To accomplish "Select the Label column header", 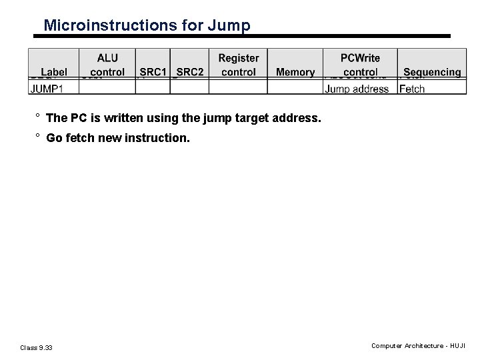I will pos(54,72).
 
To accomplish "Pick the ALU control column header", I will pos(107,65).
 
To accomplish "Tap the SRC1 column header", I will pos(153,72).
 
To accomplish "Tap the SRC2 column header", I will pos(190,72).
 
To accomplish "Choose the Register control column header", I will pos(238,65).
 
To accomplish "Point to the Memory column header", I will pos(295,72).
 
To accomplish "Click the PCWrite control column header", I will pos(360,65).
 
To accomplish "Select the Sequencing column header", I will pos(432,72).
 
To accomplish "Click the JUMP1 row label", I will pos(47,89).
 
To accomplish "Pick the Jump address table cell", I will pos(357,89).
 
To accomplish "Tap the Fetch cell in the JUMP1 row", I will pos(412,89).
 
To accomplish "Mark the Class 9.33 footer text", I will pos(37,347).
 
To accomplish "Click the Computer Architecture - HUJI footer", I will pos(419,345).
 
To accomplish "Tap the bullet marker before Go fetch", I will pos(39,138).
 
